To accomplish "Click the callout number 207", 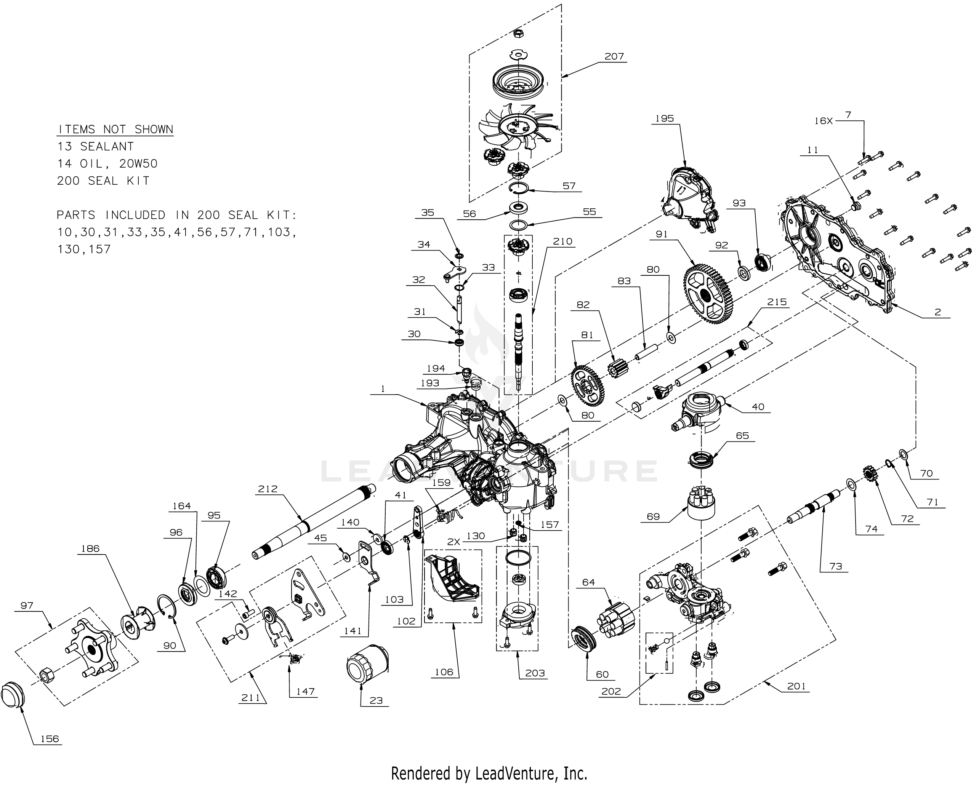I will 614,57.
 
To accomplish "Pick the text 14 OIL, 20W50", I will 107,164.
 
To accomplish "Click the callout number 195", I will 664,119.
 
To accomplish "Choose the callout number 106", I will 444,672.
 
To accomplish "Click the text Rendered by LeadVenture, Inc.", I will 489,773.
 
